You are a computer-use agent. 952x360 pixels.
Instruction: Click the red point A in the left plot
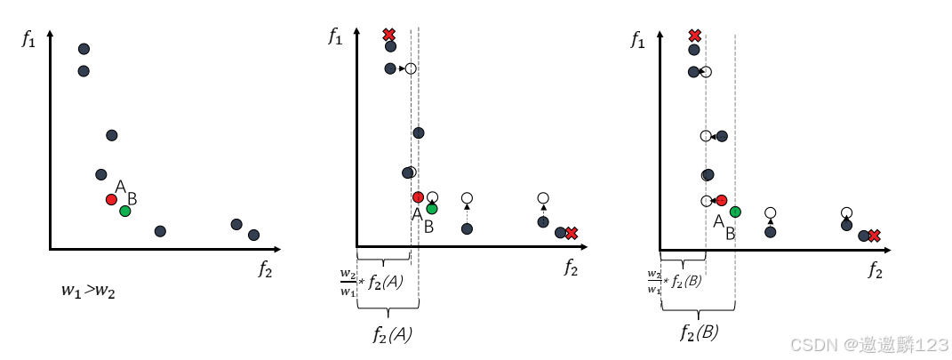point(111,199)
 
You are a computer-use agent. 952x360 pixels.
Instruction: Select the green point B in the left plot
point(124,211)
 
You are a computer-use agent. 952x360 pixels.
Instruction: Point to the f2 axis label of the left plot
point(265,269)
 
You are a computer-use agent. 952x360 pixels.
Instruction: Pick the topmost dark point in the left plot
point(84,49)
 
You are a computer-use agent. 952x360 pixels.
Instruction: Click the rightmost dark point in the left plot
point(253,235)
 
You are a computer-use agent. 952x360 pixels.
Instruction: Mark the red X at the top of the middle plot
point(388,35)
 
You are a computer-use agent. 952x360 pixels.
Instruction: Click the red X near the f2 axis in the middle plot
point(572,233)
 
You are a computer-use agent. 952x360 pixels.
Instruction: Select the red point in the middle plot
point(418,197)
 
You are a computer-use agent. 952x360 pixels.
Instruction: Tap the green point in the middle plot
point(432,209)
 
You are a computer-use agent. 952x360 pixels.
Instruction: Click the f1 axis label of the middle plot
point(335,36)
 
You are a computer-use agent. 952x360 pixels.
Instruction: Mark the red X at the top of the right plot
point(695,36)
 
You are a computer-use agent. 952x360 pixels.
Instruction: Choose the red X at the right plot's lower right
point(875,236)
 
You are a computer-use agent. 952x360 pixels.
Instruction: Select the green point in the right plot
point(735,212)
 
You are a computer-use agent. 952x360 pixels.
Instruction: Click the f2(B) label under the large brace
point(699,333)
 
